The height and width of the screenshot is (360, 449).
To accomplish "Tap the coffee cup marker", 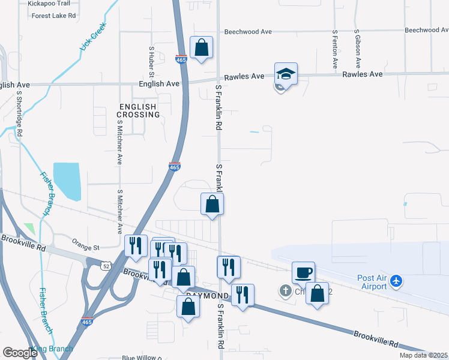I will point(303,273).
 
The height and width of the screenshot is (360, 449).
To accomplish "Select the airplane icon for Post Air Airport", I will point(396,280).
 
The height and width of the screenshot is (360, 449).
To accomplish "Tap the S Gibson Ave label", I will point(357,48).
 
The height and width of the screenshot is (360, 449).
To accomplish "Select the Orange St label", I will point(85,247).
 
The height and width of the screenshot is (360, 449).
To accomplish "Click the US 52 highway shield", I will point(105,266).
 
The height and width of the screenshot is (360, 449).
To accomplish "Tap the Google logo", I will point(20,352).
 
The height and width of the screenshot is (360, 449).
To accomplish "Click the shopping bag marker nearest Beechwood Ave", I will point(201,47).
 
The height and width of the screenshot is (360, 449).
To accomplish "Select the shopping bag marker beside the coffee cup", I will point(317,294).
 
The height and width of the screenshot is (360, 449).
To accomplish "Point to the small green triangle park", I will point(29,229).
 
